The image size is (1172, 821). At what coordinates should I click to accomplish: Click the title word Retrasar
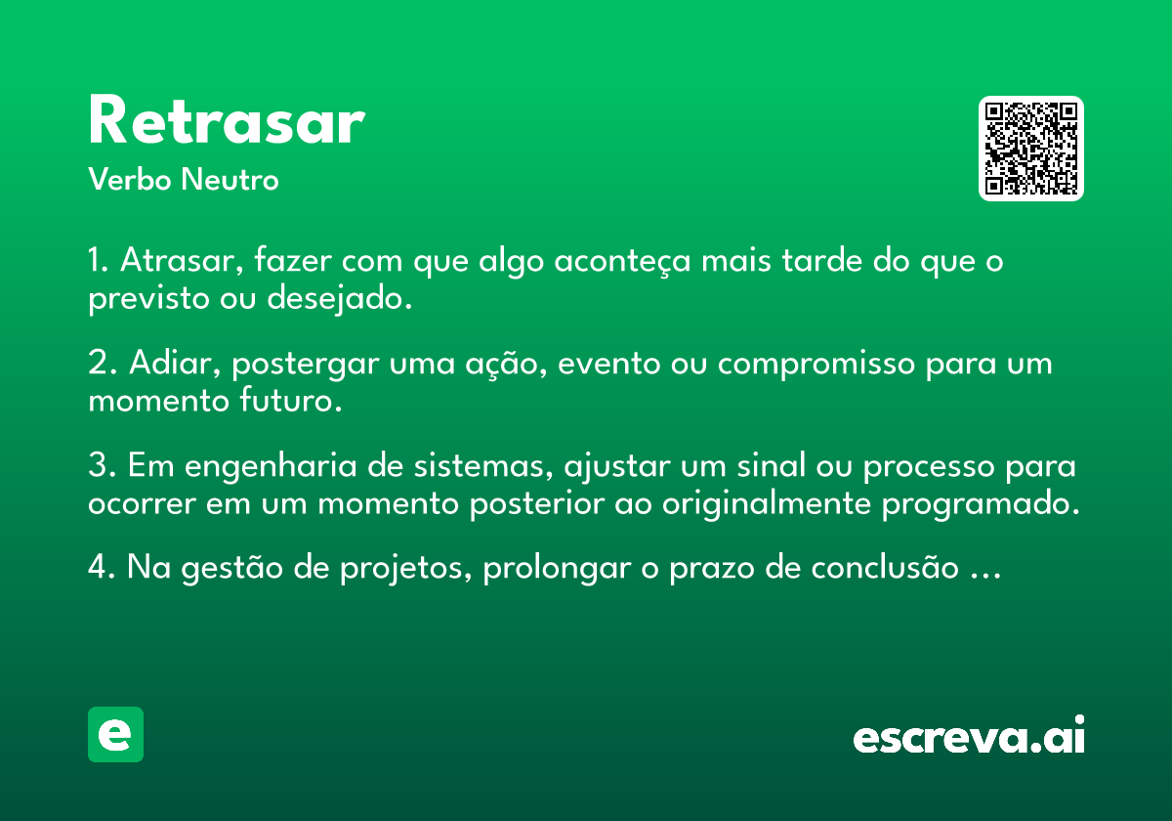(227, 119)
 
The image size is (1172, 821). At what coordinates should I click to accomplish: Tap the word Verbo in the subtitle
(130, 179)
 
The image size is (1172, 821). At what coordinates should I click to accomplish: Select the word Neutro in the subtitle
(230, 179)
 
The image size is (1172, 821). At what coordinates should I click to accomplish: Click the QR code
(1030, 149)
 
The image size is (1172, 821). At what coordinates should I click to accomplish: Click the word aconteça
(623, 261)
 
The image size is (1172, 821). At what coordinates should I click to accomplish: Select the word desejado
(340, 299)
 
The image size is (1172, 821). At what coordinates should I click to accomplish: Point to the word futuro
(291, 401)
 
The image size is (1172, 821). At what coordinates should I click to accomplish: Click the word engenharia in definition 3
(271, 466)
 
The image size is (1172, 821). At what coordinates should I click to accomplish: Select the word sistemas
(483, 465)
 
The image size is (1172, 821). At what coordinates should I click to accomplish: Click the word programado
(981, 504)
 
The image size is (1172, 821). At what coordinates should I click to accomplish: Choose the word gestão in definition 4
(231, 568)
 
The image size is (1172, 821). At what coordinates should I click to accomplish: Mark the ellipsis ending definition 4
(985, 576)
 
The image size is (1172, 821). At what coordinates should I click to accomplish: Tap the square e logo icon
(115, 734)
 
